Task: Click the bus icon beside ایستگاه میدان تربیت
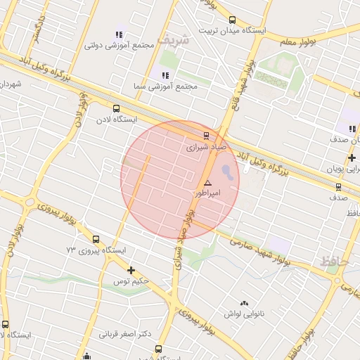(232, 20)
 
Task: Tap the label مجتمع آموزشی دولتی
(120, 45)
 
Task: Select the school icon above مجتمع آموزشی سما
(165, 75)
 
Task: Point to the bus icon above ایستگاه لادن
(116, 108)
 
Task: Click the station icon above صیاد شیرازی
(206, 136)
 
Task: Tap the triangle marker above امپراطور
(207, 183)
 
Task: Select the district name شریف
(173, 40)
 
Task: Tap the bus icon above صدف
(338, 187)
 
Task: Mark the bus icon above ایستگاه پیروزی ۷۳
(96, 239)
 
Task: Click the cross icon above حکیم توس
(131, 270)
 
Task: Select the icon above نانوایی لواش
(244, 303)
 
